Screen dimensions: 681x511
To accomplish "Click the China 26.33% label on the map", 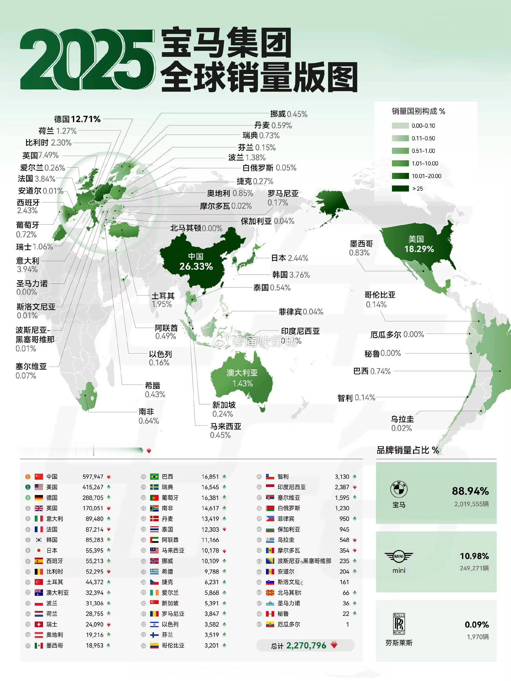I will (x=196, y=262).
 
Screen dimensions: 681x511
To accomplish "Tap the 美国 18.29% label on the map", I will (x=419, y=244).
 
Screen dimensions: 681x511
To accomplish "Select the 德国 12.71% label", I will (x=77, y=119).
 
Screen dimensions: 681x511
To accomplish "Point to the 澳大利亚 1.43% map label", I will (x=242, y=378).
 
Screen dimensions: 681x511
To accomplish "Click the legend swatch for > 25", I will (x=400, y=188).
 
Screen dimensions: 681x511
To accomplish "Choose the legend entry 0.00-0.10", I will (x=423, y=126).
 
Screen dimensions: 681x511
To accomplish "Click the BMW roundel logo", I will (x=399, y=489).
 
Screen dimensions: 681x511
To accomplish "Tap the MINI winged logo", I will (x=399, y=556).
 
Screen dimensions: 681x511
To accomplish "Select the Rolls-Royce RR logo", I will (x=399, y=624).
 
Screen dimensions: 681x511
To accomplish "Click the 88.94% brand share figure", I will (x=470, y=491).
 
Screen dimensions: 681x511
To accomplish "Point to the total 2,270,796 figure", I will (x=306, y=645).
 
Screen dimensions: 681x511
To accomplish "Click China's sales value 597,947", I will (x=93, y=477).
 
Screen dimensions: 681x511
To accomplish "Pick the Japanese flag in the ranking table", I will (x=39, y=550).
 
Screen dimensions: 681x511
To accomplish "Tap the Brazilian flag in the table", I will (x=154, y=477).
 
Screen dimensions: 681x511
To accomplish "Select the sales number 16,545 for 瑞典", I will (x=210, y=487).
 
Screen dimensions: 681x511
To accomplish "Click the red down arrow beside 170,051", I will (x=109, y=508).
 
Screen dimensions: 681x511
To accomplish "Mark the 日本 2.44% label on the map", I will (x=289, y=258).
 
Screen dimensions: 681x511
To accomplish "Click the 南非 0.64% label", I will (x=148, y=416).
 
